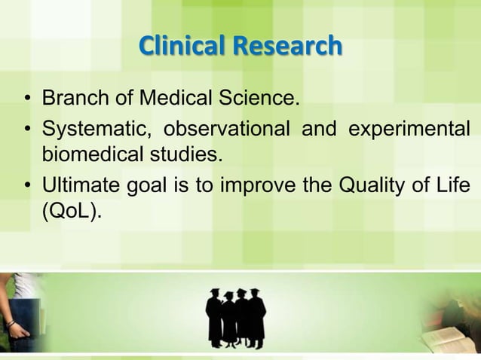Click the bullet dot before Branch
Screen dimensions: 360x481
tap(27, 99)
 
